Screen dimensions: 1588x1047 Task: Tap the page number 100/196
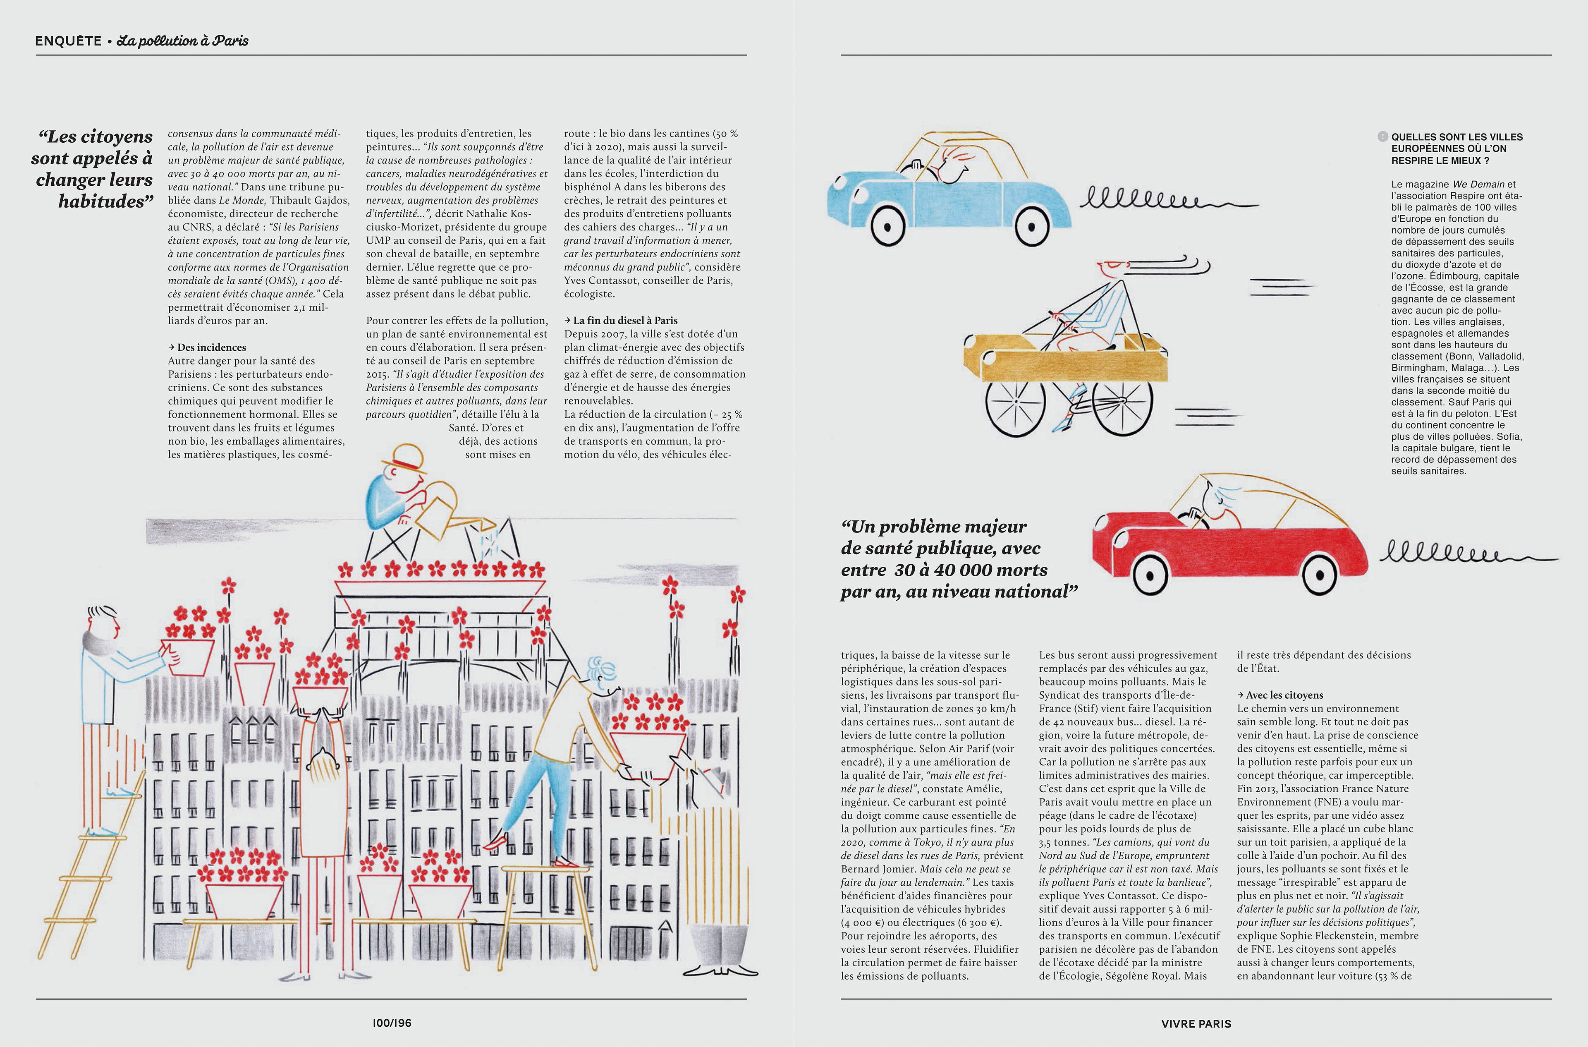tap(392, 1022)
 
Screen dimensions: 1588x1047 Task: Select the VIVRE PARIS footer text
tap(1196, 1023)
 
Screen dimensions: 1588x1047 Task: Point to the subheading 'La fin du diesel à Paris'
tap(625, 321)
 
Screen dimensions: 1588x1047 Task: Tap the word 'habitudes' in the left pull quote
tap(101, 201)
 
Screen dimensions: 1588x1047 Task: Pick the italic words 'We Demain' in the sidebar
tap(1478, 184)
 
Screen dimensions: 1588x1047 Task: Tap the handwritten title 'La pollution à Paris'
tap(182, 41)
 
